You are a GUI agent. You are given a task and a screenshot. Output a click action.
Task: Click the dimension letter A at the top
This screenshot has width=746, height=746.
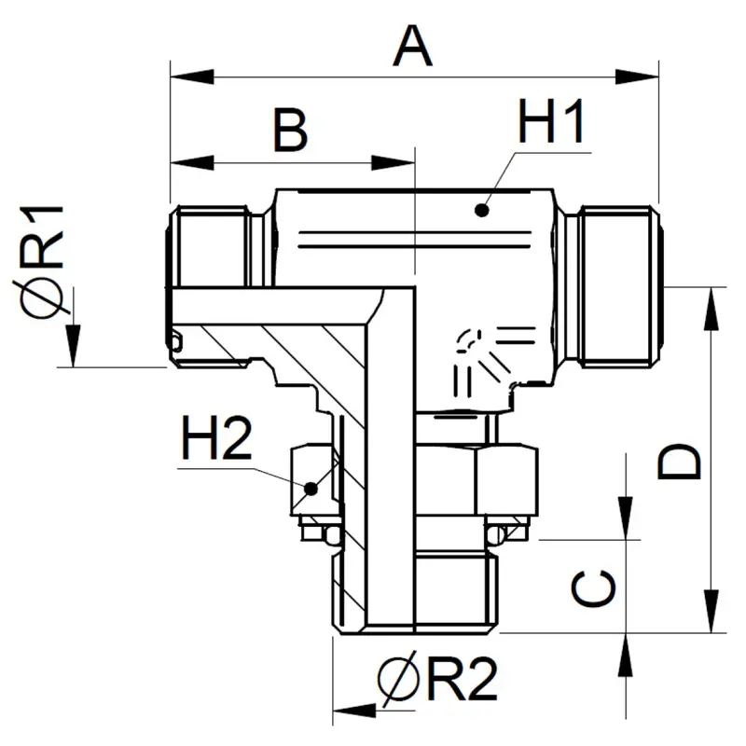413,46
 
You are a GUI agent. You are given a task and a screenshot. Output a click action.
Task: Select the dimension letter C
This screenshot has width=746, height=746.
594,589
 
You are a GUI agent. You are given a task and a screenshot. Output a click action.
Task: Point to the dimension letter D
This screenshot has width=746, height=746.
680,462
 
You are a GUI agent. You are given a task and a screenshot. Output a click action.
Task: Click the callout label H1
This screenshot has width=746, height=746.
551,124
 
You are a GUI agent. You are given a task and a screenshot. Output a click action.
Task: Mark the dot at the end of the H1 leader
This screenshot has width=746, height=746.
481,210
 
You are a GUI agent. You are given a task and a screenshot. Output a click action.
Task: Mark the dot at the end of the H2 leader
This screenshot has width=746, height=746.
311,487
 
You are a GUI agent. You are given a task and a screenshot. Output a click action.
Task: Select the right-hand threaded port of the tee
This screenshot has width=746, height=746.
615,284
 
